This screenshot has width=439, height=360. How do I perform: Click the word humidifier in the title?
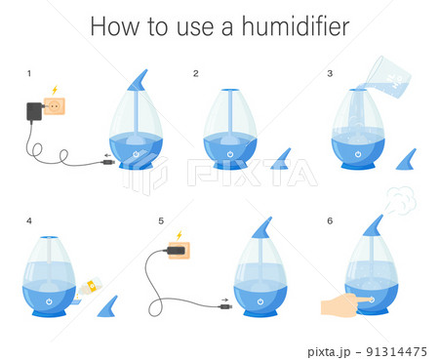(296, 26)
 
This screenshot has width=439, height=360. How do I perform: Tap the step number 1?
(29, 73)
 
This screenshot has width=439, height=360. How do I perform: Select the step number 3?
(330, 73)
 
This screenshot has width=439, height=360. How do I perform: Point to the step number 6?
(330, 221)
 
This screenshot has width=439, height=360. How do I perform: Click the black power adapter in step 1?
(34, 112)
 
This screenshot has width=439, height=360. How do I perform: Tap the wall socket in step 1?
(55, 106)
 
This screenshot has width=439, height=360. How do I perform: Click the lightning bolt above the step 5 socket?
(179, 235)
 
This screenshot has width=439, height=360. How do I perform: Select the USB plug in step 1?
(108, 162)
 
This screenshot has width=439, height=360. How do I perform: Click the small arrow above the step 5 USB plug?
(224, 300)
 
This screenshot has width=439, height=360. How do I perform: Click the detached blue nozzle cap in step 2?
(281, 159)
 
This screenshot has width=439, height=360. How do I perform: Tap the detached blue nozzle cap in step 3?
(406, 159)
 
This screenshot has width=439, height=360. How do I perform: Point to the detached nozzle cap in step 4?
(107, 306)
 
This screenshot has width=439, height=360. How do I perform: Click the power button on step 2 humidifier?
(230, 154)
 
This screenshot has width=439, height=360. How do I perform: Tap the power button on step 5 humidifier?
(260, 301)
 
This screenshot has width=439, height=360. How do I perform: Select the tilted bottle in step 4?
(90, 287)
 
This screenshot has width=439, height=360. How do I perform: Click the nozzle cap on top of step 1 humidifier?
(138, 80)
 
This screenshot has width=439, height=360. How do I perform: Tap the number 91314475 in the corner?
(396, 351)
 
